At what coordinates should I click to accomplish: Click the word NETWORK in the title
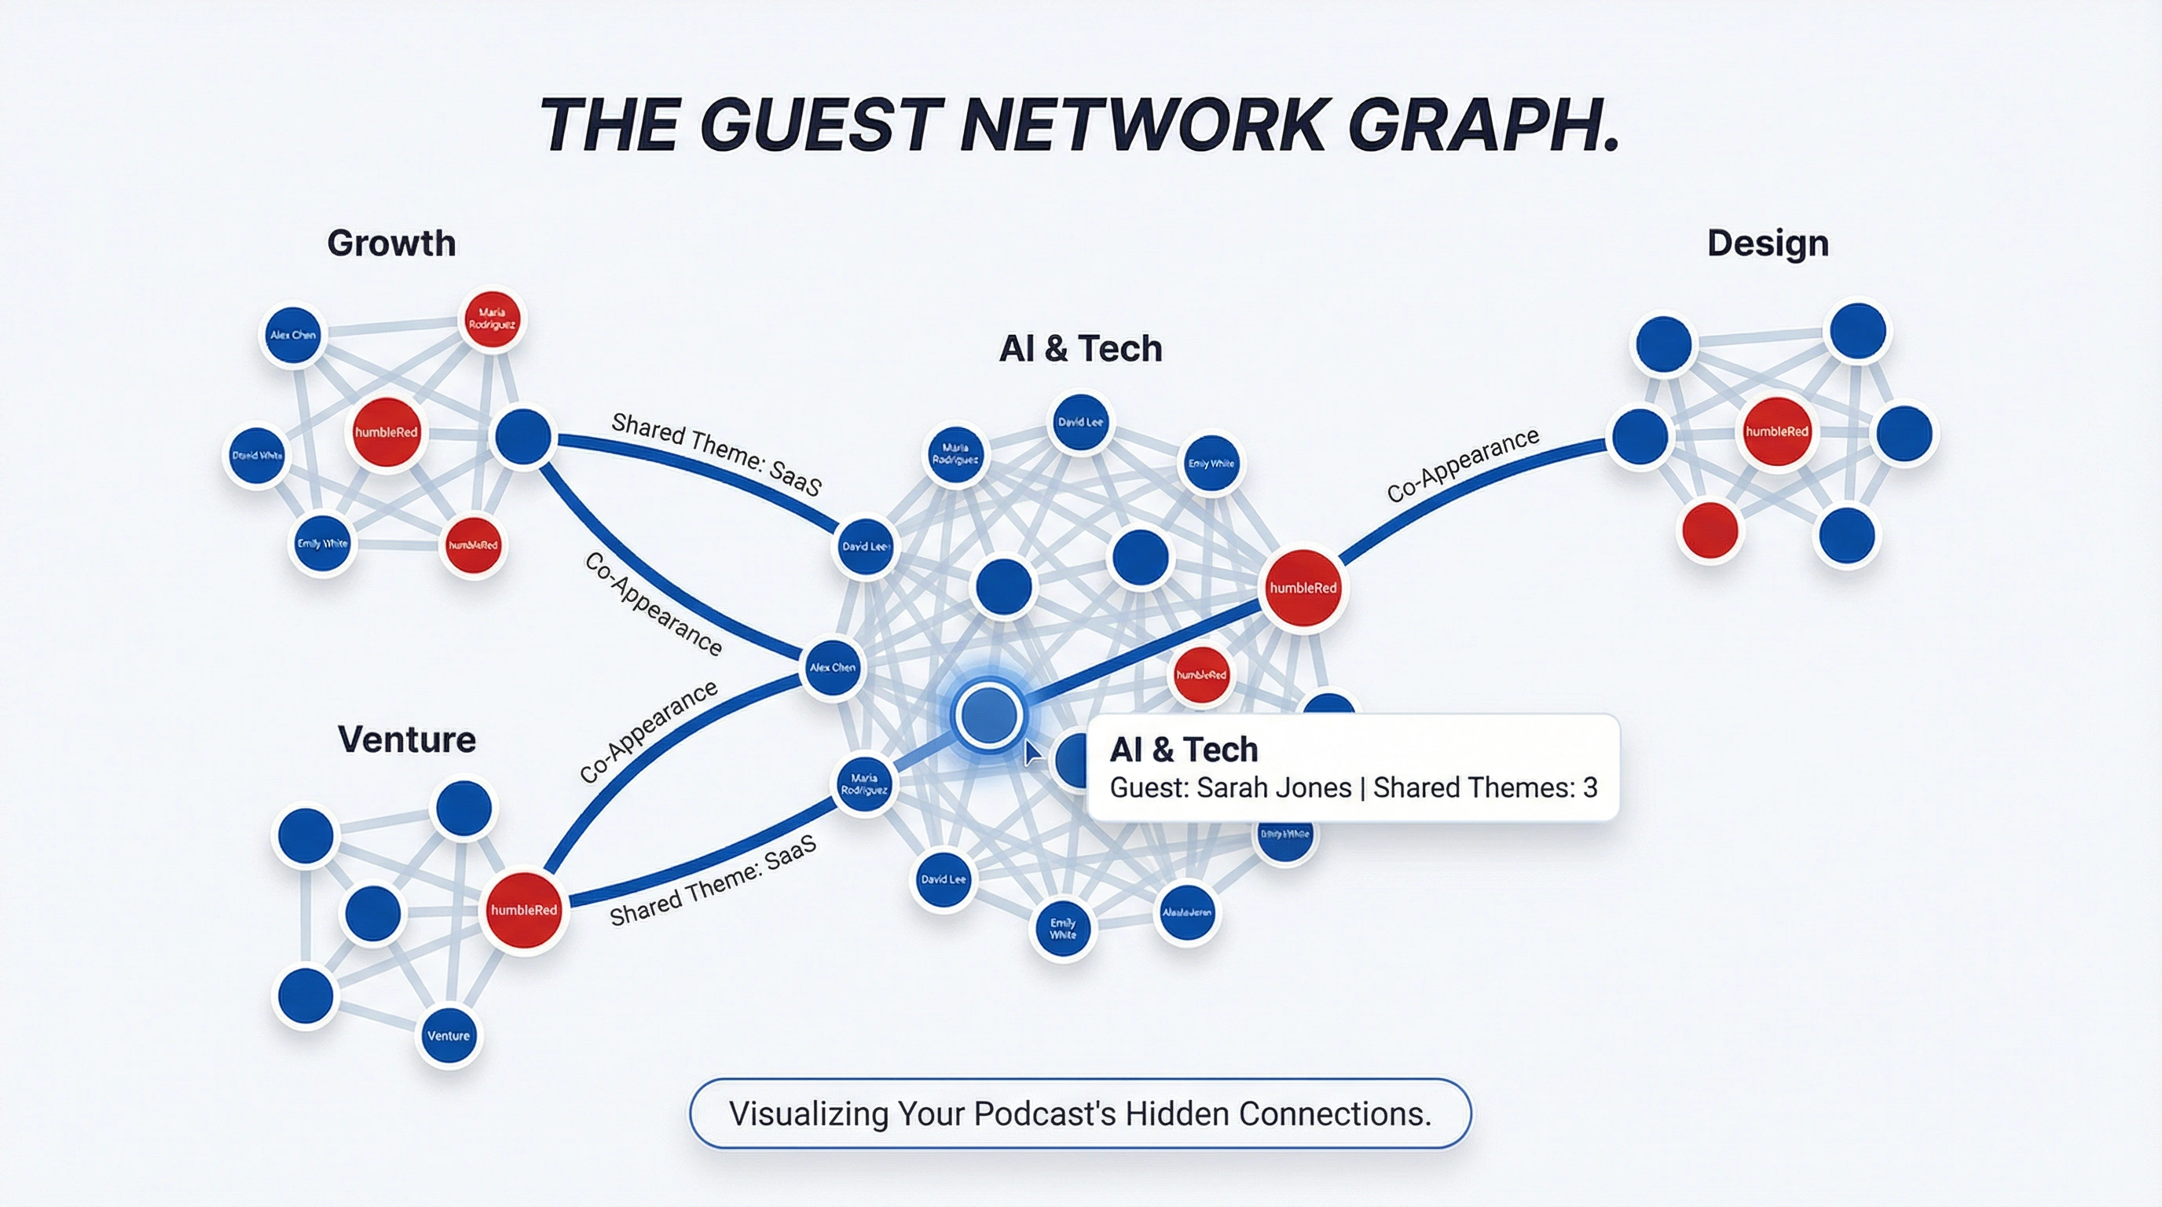tap(1142, 126)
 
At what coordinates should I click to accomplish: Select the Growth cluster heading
tap(391, 244)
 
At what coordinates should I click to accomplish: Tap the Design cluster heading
tap(1768, 244)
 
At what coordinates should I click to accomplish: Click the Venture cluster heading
tap(406, 739)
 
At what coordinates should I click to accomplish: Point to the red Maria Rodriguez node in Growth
tap(492, 320)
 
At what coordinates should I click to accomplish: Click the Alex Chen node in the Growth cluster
tap(293, 335)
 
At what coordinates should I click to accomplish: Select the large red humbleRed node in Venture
tap(524, 910)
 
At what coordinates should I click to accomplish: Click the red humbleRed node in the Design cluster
tap(1777, 431)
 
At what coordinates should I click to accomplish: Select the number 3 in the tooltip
tap(1589, 788)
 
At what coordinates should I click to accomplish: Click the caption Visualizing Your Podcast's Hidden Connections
tap(1080, 1113)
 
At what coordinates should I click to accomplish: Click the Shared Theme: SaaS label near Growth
tap(716, 454)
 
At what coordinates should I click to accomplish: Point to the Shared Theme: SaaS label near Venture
tap(713, 882)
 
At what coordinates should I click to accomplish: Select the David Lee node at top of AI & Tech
tap(1080, 422)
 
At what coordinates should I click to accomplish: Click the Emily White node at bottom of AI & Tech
tap(1062, 928)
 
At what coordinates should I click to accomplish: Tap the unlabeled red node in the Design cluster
tap(1709, 530)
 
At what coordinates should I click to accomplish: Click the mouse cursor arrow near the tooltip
tap(1032, 752)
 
